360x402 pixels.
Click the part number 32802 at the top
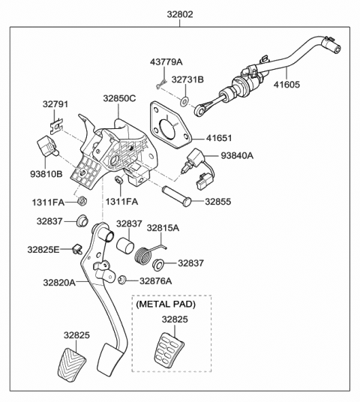point(180,14)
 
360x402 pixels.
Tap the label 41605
point(286,85)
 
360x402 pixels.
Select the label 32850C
point(119,98)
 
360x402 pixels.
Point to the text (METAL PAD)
point(166,304)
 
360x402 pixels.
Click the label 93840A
point(237,155)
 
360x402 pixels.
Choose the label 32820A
point(59,283)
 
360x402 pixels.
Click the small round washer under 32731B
point(184,101)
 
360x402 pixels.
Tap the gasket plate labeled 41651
point(171,124)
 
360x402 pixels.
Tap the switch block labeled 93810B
point(47,146)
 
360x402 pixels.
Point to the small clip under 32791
point(56,126)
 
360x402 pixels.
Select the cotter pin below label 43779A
point(160,84)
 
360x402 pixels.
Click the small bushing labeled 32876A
point(121,280)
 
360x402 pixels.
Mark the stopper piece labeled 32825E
point(77,249)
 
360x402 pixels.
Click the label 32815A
point(163,228)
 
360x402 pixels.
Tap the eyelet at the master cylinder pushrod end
point(200,111)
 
